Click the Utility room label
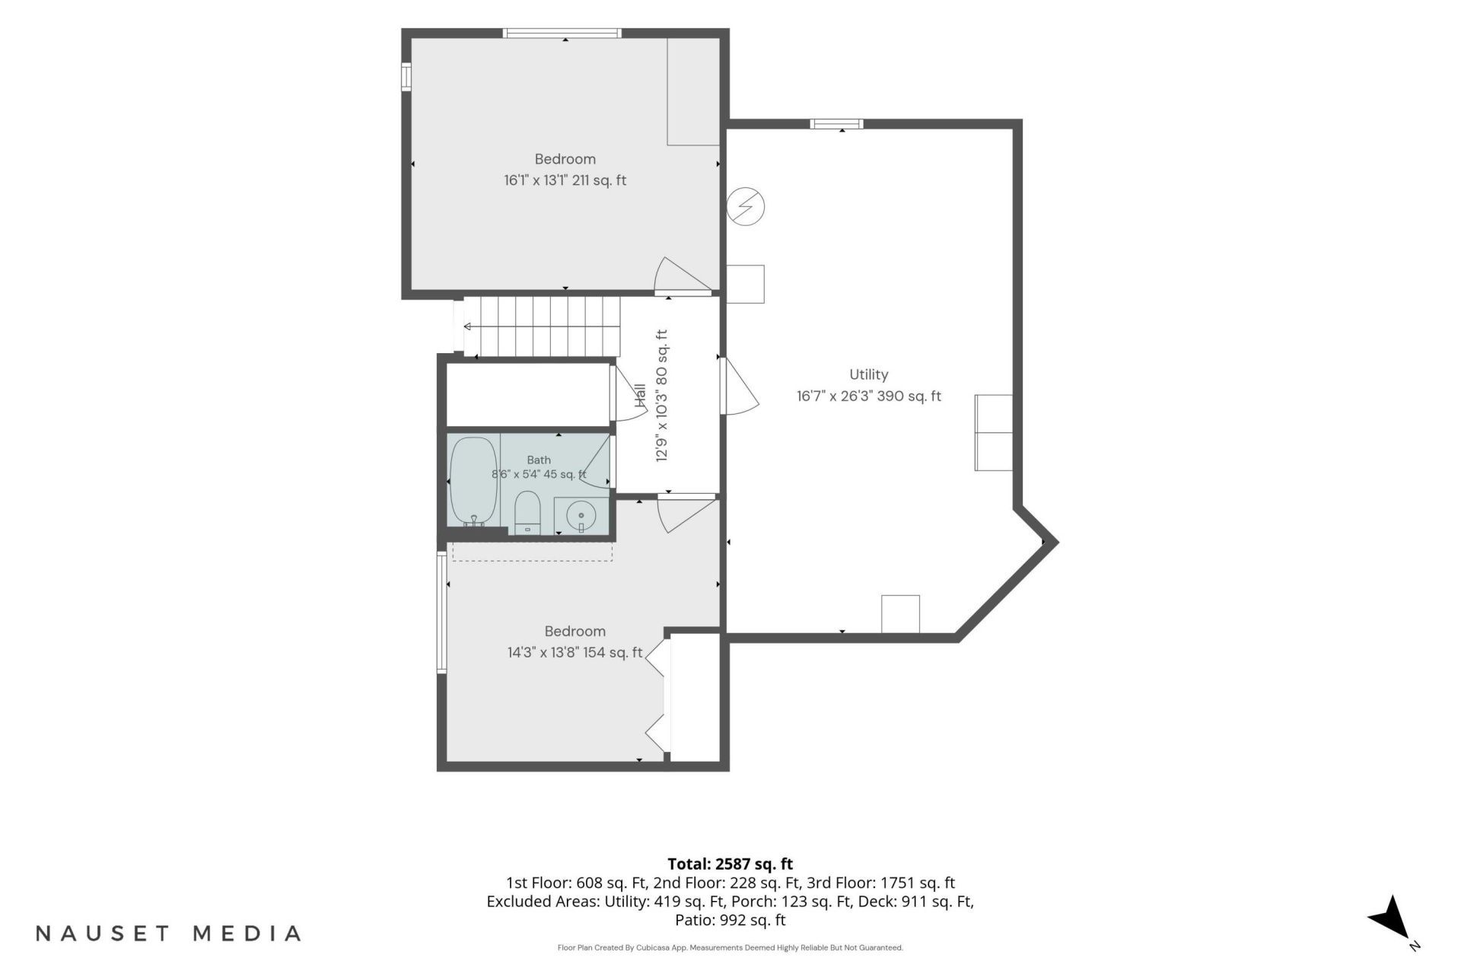(x=868, y=374)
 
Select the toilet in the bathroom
(x=527, y=513)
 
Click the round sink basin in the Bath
(x=581, y=517)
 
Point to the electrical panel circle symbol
(x=746, y=205)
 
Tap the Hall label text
(x=640, y=395)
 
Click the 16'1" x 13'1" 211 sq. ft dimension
(x=565, y=180)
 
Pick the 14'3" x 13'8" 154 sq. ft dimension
(x=575, y=652)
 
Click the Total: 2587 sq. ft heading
(x=730, y=864)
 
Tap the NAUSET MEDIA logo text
(x=169, y=933)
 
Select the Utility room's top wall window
(x=836, y=124)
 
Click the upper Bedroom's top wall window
(x=562, y=33)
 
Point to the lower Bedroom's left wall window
(x=441, y=612)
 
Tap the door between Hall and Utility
(x=738, y=386)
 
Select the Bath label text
(x=539, y=460)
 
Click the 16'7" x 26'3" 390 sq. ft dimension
(x=868, y=396)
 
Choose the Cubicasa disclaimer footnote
(x=730, y=947)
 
